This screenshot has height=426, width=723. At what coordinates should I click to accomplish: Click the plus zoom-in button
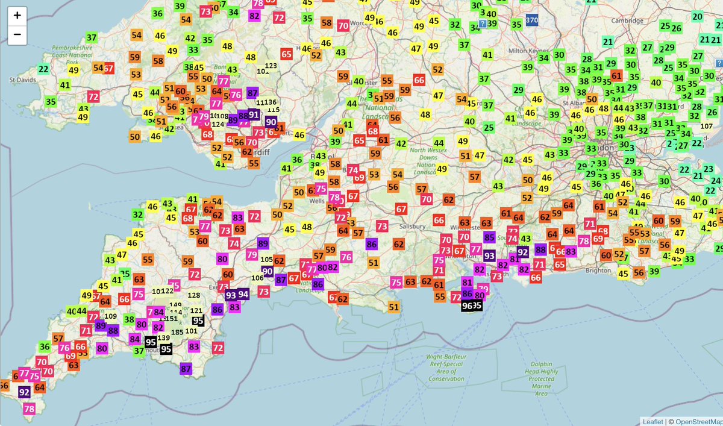(x=17, y=16)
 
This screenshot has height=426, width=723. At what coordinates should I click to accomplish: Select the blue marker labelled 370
(x=531, y=20)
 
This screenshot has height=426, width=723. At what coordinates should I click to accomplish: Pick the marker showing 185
(x=177, y=332)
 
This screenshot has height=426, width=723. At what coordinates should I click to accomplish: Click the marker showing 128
(x=194, y=295)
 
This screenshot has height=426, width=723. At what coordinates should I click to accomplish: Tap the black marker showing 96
(x=467, y=306)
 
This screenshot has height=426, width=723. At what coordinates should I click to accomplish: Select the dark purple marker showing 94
(x=243, y=294)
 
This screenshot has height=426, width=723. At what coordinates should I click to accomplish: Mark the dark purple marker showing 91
(x=254, y=114)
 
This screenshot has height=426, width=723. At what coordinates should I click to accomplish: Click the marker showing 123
(x=271, y=66)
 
